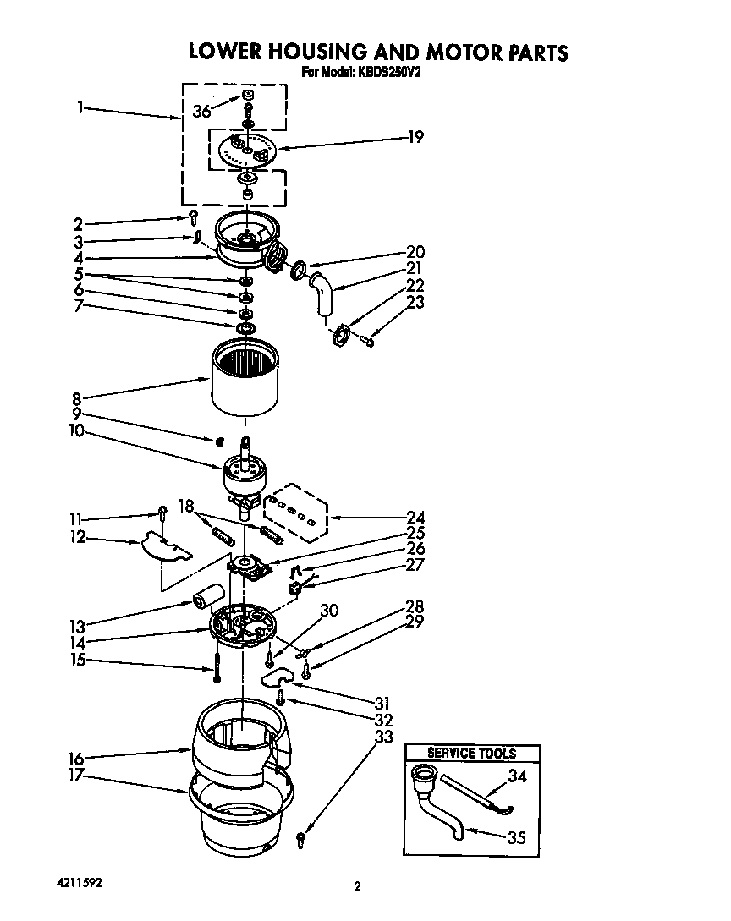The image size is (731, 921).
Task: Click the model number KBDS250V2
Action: (390, 74)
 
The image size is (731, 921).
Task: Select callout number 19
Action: (415, 136)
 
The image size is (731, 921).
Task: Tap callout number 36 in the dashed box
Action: (201, 111)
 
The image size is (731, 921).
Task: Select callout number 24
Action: (415, 517)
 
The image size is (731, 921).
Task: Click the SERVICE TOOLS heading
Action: (471, 753)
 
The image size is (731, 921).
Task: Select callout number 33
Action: (383, 737)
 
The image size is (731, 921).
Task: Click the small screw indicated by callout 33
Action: (300, 838)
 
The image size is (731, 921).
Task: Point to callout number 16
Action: (76, 759)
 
